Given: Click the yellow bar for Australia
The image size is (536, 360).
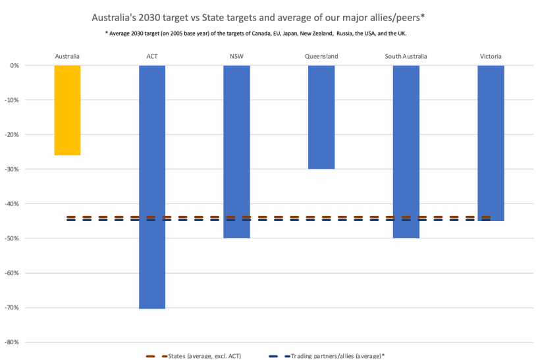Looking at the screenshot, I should tap(67, 110).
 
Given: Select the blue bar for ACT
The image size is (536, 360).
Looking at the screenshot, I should tap(152, 186).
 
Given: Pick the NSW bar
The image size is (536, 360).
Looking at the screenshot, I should tap(236, 151).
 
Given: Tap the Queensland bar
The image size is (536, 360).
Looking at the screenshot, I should tap(321, 117).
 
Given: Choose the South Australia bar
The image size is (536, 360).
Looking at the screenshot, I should tap(406, 151).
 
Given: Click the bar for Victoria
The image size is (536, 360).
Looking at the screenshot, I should tap(491, 143).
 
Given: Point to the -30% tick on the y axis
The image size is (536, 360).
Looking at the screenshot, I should tap(30, 169).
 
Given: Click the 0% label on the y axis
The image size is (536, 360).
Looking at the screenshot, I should tap(32, 65).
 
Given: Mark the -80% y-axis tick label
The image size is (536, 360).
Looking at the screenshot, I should tap(30, 342).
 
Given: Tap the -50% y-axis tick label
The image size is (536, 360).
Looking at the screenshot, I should tap(30, 238).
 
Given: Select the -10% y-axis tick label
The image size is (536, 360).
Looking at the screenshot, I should tap(30, 100).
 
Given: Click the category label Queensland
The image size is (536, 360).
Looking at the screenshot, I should tap(321, 57).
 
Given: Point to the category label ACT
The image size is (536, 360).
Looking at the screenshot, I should tap(152, 57).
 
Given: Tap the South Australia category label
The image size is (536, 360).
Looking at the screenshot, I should tap(406, 57).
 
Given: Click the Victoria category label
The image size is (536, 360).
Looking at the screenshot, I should tap(491, 57).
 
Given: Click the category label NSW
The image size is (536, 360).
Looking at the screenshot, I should tap(236, 57).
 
